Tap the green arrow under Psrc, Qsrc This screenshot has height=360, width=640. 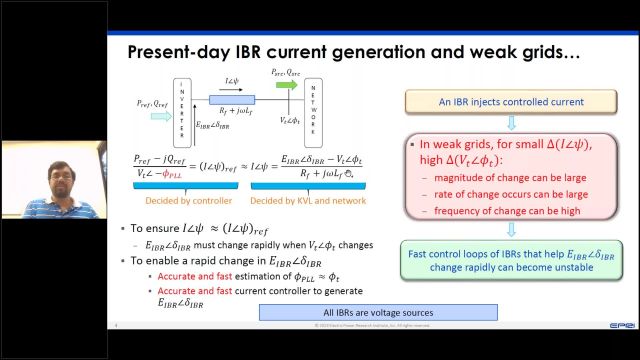pos(285,86)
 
